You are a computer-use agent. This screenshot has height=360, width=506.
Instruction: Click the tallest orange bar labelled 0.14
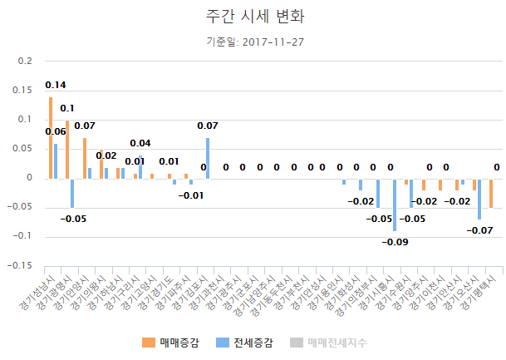click(x=50, y=137)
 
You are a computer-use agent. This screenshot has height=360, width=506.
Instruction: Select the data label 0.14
click(x=56, y=85)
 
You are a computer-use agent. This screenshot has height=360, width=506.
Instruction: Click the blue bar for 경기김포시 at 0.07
click(x=208, y=158)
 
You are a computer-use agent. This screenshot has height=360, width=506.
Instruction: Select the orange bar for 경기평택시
click(x=491, y=193)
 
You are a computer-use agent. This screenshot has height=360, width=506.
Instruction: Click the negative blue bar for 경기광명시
click(x=72, y=193)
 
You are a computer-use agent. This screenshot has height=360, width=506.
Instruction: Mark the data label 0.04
click(x=140, y=143)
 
